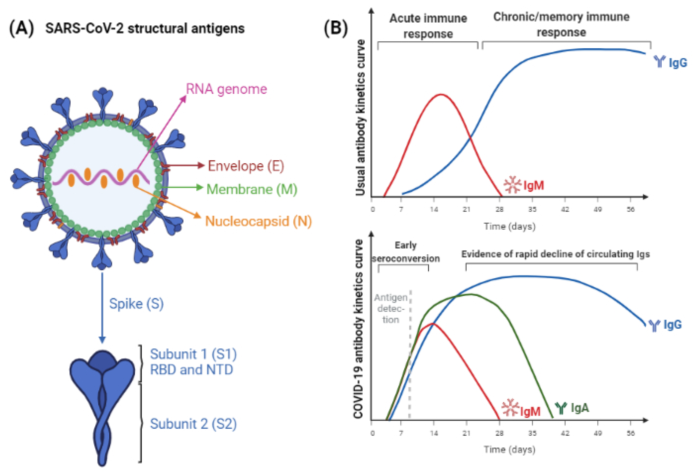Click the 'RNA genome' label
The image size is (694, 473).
[x=226, y=89]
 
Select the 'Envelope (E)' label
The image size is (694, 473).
[x=246, y=166]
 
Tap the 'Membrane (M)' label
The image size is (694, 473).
[x=252, y=189]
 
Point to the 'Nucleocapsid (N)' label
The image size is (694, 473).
[x=258, y=221]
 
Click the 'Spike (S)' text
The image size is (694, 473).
[x=136, y=304]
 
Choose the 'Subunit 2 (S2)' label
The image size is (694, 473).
[x=193, y=424]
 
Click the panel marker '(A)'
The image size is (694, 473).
[x=21, y=29]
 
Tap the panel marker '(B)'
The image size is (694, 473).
[x=336, y=29]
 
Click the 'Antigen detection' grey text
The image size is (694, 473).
[x=391, y=309]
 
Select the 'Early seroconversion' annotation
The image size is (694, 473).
[x=405, y=252]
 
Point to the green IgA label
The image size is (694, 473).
[x=579, y=408]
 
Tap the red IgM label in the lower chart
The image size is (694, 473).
[x=530, y=411]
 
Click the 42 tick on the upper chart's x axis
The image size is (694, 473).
[x=565, y=209]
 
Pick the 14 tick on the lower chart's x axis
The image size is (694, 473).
[x=434, y=433]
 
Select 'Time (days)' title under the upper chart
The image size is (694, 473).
[x=509, y=226]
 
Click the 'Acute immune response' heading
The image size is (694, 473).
[x=428, y=26]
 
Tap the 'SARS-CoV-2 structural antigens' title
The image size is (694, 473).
[x=145, y=29]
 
